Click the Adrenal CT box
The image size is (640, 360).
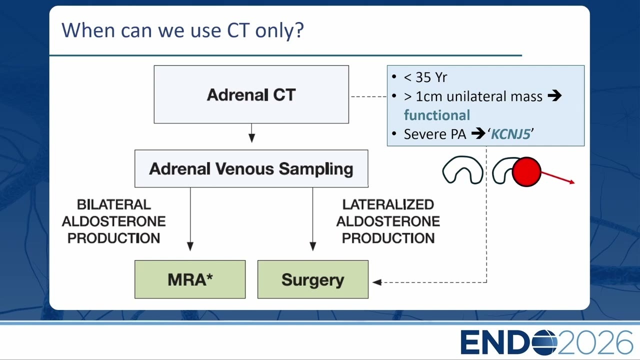point(251,94)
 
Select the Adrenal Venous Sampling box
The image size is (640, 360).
point(251,168)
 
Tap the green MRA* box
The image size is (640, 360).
point(190,279)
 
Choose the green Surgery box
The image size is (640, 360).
point(313,279)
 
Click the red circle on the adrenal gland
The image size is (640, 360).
point(526,171)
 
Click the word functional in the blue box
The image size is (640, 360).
point(437,115)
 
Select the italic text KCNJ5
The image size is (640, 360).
point(510,134)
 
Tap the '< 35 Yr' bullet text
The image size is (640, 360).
point(425,77)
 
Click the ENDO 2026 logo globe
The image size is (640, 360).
point(544,342)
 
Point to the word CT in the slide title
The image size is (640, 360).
point(237,30)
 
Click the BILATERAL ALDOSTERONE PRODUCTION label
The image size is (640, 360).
point(113,221)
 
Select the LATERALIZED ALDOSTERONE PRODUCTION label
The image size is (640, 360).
point(388,221)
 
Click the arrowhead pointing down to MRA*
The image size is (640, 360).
point(190,246)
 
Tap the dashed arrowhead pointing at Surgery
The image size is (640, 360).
point(377,282)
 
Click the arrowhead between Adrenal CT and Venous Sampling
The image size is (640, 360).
point(251,138)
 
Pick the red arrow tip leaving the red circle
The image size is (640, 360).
point(572,182)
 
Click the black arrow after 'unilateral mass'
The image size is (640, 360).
point(554,95)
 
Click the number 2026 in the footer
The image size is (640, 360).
point(595,342)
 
